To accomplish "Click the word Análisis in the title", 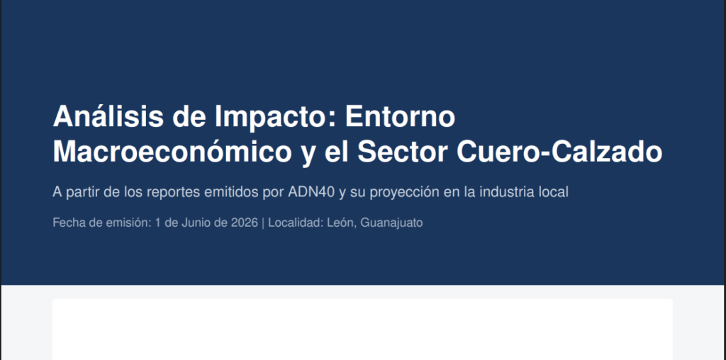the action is [x=108, y=117].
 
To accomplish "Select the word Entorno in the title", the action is [x=400, y=117].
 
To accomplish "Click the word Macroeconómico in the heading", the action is [x=172, y=152].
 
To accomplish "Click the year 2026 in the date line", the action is [x=245, y=223].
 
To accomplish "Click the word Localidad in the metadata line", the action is [x=296, y=223].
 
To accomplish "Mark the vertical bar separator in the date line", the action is [x=263, y=223].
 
